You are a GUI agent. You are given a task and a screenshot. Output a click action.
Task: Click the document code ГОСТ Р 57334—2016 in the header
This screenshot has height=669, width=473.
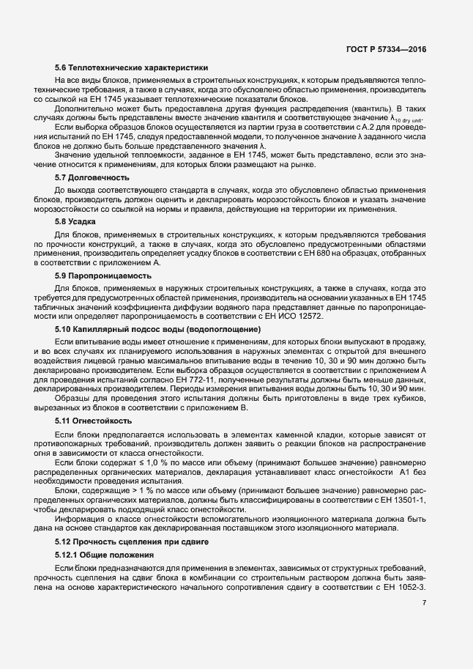pos(386,49)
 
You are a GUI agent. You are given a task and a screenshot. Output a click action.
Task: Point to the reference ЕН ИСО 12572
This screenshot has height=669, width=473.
pos(304,317)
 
